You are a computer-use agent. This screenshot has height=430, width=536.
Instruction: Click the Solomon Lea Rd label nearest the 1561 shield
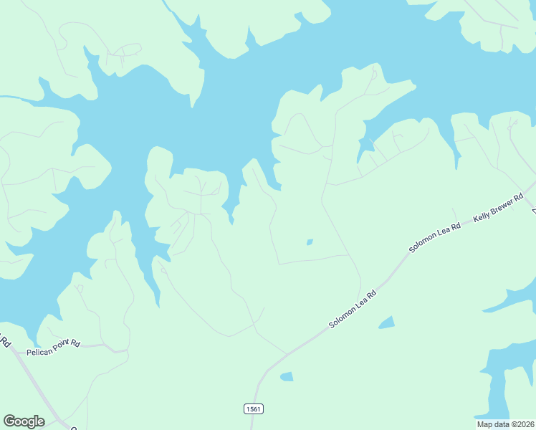pos(353,309)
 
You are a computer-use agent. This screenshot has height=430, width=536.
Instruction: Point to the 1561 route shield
pos(254,408)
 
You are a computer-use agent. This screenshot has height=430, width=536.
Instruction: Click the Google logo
pos(24,421)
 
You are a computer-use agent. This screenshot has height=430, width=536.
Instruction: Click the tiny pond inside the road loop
pos(310,242)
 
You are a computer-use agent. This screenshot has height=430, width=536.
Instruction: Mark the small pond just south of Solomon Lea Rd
pos(386,322)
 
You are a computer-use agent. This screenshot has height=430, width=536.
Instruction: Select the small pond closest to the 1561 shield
pos(287,376)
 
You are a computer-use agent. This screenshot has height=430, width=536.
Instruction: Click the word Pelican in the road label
pos(39,353)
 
